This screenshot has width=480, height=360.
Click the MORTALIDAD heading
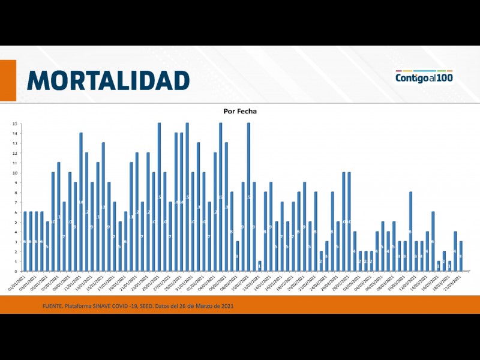tap(108, 80)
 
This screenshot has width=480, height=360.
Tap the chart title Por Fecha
tap(239, 111)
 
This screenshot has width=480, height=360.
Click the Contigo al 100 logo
tap(424, 77)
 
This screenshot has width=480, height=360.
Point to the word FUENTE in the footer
tap(53, 307)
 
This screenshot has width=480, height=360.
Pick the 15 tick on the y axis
tap(14, 124)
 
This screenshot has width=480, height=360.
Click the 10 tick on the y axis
tap(14, 173)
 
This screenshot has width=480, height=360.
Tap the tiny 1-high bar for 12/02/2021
tap(260, 266)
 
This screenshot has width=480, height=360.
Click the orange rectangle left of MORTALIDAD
tap(8, 80)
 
